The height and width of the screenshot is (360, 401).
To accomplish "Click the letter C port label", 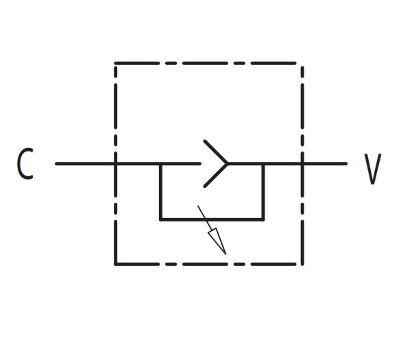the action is [x=25, y=163].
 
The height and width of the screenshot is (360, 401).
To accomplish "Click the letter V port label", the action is [x=373, y=169].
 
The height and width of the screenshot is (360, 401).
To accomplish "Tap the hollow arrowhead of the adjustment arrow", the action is [x=217, y=241].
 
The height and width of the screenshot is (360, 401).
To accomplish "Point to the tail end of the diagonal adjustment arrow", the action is [x=198, y=206].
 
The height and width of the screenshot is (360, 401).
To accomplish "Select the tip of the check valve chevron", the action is [x=228, y=163].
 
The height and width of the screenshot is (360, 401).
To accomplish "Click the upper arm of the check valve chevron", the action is [x=216, y=152].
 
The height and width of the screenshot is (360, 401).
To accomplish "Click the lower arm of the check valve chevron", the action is [x=216, y=176].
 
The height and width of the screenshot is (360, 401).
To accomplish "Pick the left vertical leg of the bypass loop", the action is [x=160, y=191].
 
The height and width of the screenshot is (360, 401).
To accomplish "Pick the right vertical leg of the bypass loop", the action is [x=263, y=191].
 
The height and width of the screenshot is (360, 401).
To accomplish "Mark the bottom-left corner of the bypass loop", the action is [x=160, y=219].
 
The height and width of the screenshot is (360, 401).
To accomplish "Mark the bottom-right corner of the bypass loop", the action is [x=263, y=219].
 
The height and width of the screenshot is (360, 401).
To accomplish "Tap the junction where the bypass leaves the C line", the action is [x=160, y=163].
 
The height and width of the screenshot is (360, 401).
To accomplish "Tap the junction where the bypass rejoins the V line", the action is [x=263, y=163].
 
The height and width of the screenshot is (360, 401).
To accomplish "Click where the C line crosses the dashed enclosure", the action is [x=116, y=163].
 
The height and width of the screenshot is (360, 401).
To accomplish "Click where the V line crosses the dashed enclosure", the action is [x=302, y=163].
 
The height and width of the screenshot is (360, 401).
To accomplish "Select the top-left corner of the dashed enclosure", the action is [x=116, y=63].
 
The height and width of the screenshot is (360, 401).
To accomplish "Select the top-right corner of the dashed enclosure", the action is [x=302, y=63].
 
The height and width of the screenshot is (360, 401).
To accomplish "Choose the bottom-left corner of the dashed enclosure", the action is [x=116, y=264].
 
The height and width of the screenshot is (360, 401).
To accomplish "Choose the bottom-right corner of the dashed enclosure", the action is [x=302, y=264].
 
